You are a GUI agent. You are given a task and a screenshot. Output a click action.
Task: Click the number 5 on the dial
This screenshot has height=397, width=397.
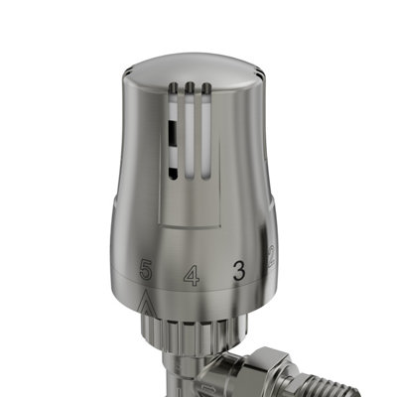[147, 269]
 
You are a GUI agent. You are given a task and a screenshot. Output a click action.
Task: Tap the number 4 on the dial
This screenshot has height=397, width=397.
[191, 275]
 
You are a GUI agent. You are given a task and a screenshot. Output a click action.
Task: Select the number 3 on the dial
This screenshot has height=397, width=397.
[238, 271]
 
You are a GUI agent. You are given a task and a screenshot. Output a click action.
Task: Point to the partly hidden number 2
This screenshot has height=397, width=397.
[269, 257]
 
